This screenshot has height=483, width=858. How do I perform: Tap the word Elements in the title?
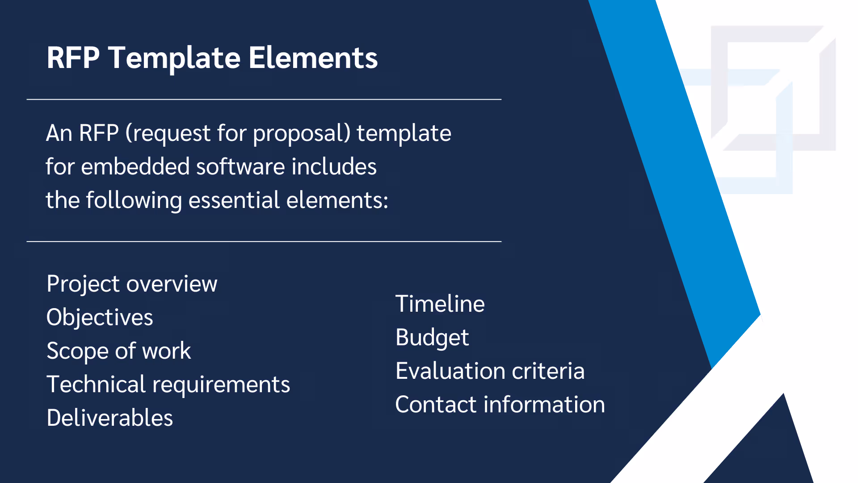pos(313,58)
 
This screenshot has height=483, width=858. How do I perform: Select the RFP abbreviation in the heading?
pos(73,58)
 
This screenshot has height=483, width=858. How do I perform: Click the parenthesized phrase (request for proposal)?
pos(238,133)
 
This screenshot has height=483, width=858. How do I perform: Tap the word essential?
pos(234,200)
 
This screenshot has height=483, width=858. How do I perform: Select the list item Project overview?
pos(132,284)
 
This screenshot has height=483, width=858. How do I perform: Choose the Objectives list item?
pos(100,318)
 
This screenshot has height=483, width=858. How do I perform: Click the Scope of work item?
pos(118,351)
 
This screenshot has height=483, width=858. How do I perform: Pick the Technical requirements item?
pos(168,385)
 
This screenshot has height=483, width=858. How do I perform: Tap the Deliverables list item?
pos(109,418)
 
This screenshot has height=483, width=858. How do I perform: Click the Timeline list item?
pos(440,304)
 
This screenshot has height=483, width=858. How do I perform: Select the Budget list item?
pos(432,338)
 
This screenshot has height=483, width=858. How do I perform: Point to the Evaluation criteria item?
pos(490,371)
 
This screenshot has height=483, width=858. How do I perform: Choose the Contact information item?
pos(500,405)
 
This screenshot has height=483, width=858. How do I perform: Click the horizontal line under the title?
pos(264,99)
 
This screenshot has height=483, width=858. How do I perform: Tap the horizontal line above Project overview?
pos(264,241)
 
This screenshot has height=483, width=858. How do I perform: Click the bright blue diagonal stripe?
pos(684,179)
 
